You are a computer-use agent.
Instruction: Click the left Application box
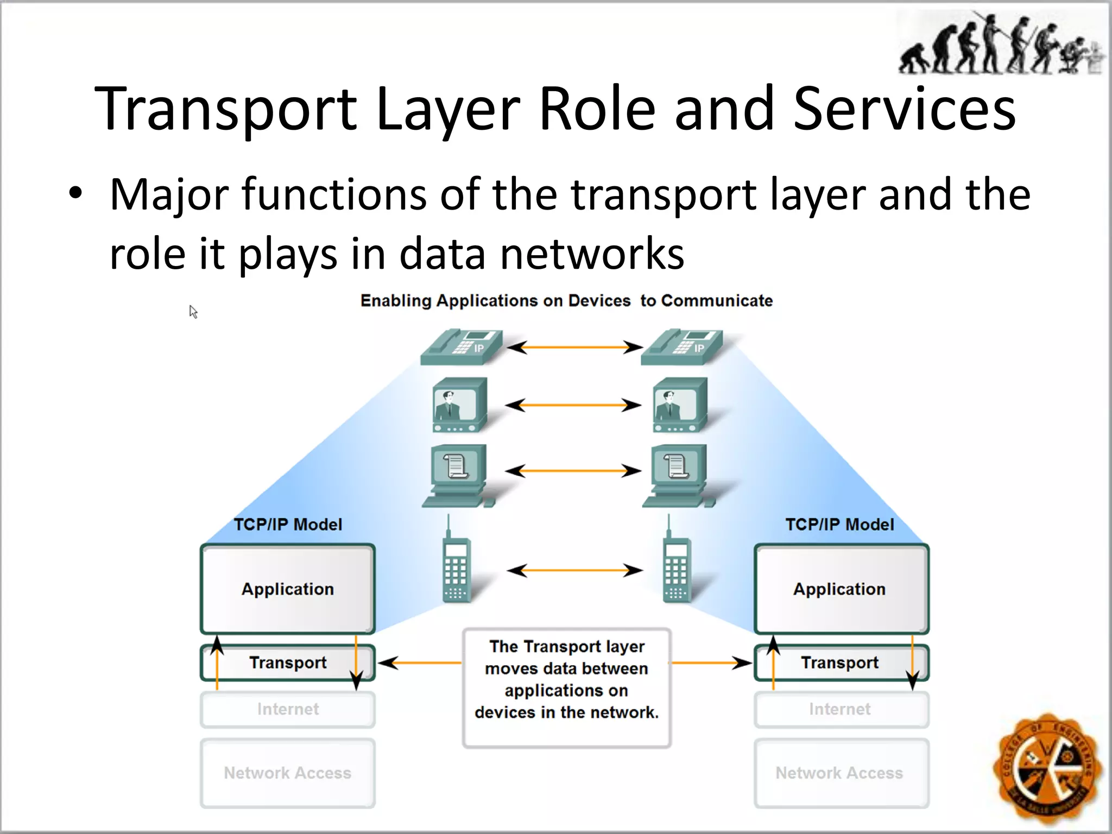point(288,589)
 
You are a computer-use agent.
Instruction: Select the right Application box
point(841,589)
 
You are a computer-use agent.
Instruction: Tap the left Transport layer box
point(288,662)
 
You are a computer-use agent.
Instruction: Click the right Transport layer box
point(841,662)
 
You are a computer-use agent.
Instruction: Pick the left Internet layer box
point(288,709)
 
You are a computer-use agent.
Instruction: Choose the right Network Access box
point(841,773)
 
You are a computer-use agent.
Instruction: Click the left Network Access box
point(288,773)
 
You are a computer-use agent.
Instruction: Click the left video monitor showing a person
point(459,405)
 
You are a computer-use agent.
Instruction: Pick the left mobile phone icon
point(457,567)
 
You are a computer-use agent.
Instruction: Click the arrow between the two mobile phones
point(574,570)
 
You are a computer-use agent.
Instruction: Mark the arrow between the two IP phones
point(574,346)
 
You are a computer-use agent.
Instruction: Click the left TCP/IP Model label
point(288,525)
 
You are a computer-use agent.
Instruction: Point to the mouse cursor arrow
point(193,311)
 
